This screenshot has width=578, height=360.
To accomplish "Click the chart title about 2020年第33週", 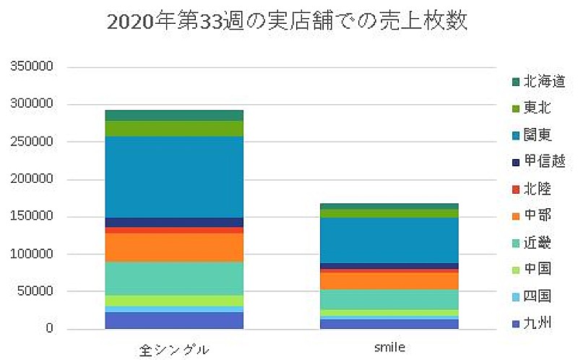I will coord(287,22).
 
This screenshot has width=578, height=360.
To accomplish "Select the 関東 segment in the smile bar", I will coord(389,240).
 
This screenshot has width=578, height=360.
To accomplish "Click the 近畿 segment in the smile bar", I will coord(389,299).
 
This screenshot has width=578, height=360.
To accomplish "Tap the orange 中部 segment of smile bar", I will coord(389,280).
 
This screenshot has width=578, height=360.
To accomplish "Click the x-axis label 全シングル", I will coord(174,349).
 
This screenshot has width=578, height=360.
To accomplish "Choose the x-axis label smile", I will coord(389,348).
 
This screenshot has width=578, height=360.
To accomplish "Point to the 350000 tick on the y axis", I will coord(33,67).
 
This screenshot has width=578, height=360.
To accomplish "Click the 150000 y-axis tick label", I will coord(33,217).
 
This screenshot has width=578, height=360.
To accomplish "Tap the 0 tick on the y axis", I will coord(51,330).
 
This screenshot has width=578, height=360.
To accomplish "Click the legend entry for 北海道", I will coord(530,82).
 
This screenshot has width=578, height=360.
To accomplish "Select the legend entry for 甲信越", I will coord(530,162).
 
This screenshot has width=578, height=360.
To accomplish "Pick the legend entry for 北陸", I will coord(530,189).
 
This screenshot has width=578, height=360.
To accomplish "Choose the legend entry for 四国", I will coord(530,296).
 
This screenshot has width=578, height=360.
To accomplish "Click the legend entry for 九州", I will coord(530,322).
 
